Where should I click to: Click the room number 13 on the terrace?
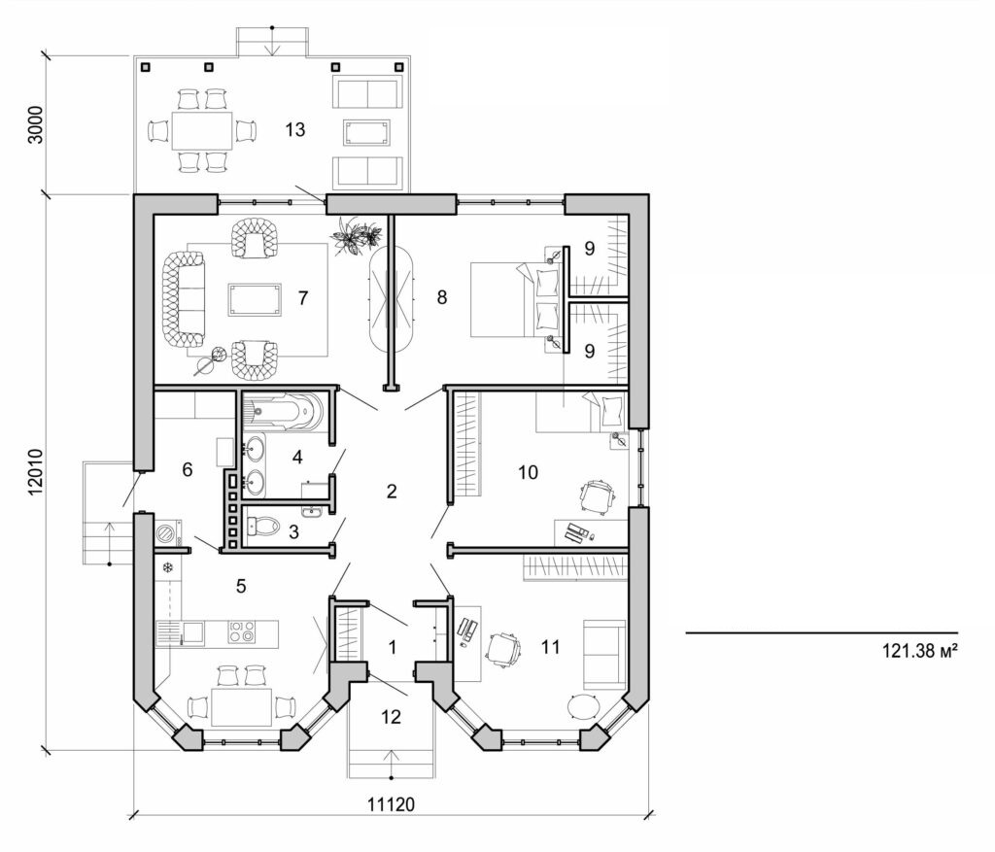295,129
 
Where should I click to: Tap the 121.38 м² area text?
913,652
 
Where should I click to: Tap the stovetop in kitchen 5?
242,632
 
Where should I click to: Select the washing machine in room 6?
167,533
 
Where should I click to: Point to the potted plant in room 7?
356,235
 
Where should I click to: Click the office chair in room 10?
595,496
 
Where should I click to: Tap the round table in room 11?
584,707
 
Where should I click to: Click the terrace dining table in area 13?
202,129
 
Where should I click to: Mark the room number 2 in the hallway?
392,492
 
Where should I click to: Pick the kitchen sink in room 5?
192,633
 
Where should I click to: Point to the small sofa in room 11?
603,654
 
